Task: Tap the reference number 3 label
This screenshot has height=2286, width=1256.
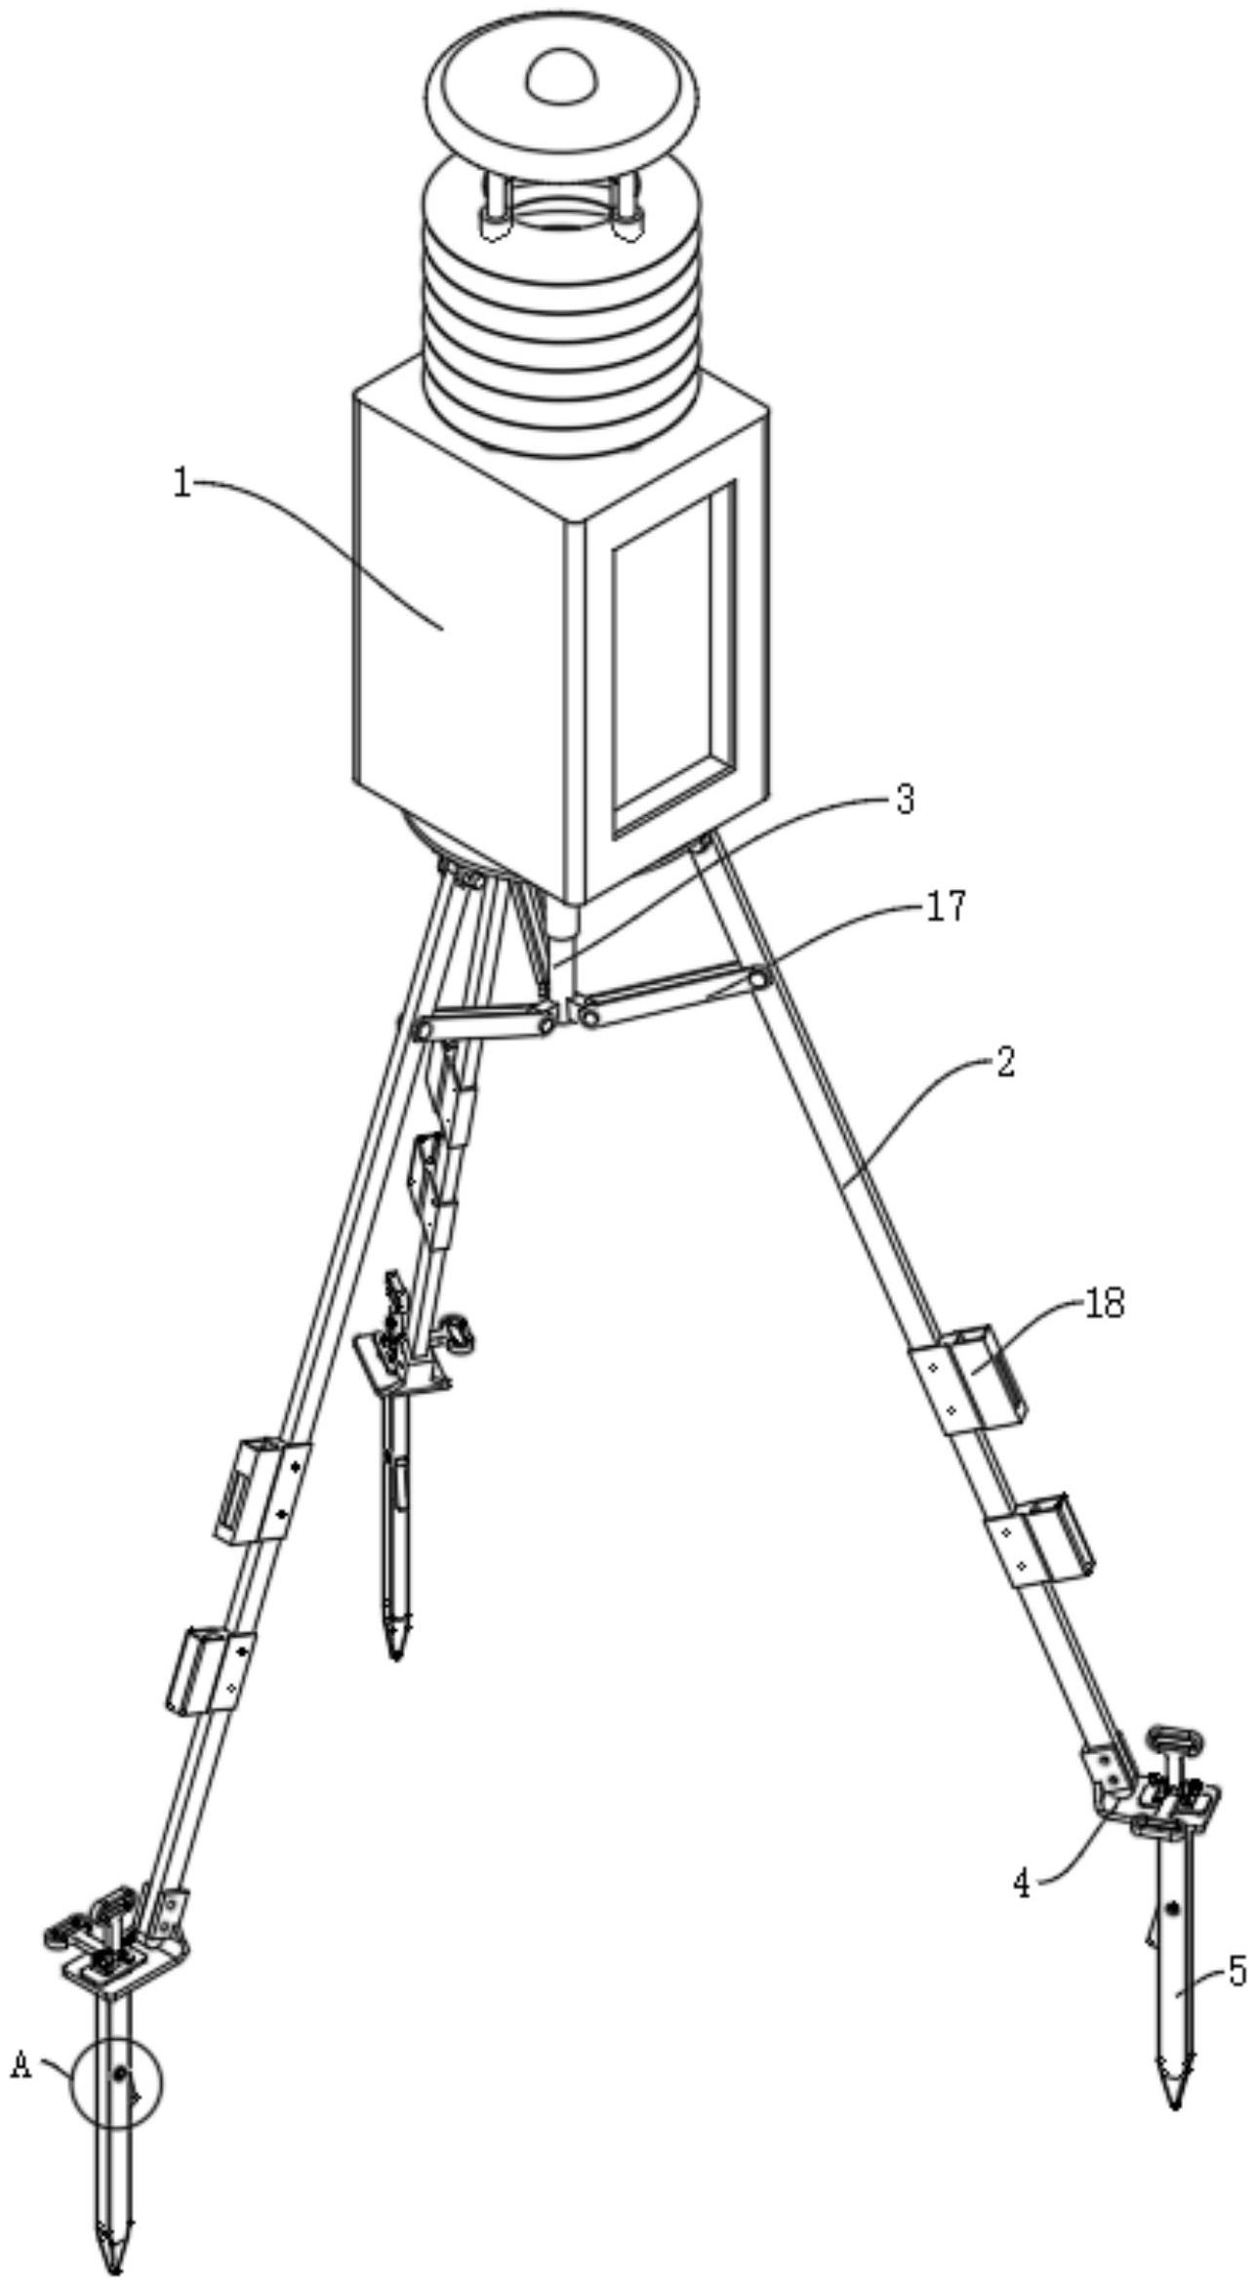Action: pyautogui.click(x=905, y=800)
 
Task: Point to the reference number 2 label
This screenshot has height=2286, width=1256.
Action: pyautogui.click(x=1005, y=1062)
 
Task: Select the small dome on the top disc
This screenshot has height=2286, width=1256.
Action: pyautogui.click(x=561, y=76)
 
